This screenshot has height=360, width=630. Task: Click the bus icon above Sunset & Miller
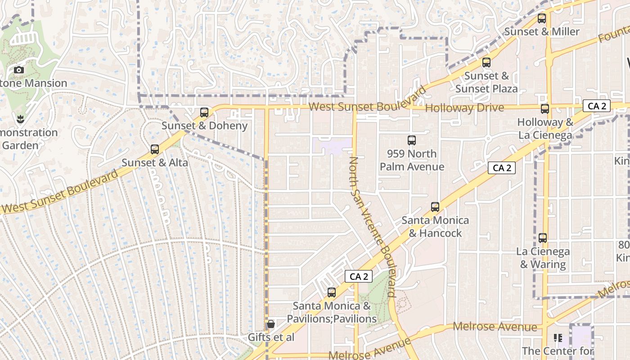542,19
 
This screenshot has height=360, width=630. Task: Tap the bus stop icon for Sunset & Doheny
204,112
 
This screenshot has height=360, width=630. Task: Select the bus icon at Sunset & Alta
155,149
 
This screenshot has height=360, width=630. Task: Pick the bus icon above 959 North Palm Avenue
412,140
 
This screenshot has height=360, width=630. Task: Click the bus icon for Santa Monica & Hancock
435,207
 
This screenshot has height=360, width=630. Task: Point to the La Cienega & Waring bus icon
543,238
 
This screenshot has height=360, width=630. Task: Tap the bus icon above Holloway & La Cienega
545,109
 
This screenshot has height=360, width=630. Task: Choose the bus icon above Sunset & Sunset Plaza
486,63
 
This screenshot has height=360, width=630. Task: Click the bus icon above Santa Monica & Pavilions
332,292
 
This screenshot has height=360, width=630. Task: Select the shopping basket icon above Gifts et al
271,324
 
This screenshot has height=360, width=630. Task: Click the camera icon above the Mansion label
19,70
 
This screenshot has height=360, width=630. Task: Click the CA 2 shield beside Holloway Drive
597,106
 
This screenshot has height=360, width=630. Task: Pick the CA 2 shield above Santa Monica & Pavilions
359,276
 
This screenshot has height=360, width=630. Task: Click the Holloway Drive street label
464,108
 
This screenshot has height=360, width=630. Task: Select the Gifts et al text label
271,337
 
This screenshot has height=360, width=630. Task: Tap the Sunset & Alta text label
155,162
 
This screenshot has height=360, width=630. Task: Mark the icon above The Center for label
558,337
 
